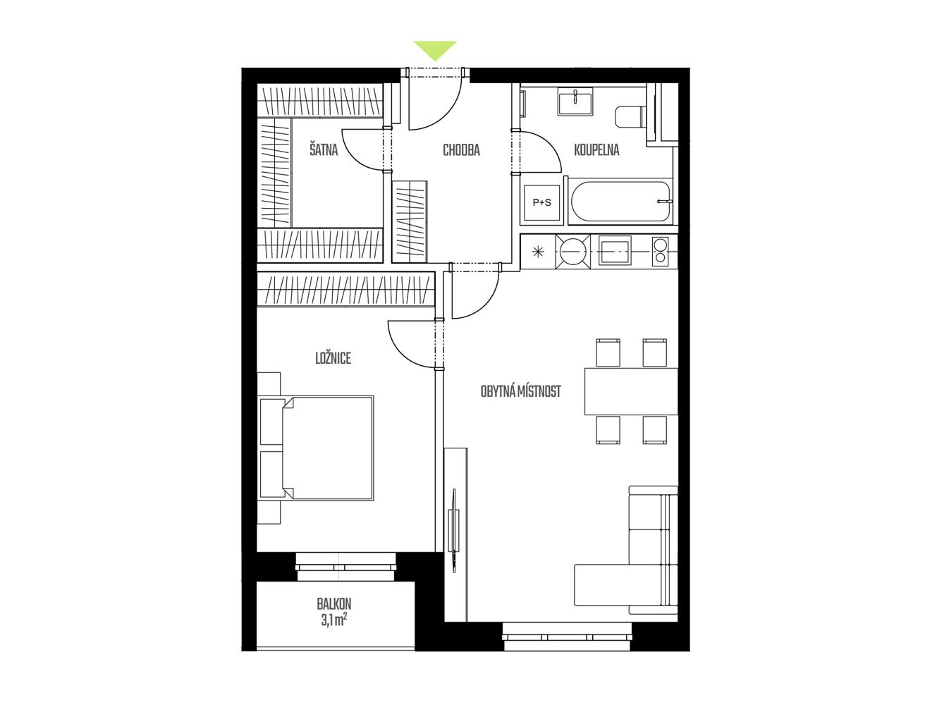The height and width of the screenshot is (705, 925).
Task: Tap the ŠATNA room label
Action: [x=324, y=150]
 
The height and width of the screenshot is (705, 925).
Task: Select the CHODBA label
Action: [x=462, y=150]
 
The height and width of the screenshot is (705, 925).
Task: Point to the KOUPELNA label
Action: [x=596, y=150]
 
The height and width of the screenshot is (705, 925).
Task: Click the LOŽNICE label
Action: [x=333, y=358]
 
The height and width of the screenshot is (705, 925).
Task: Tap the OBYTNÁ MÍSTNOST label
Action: [x=521, y=391]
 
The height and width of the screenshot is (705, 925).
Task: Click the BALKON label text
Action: [x=333, y=604]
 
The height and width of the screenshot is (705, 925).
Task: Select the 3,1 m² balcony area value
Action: [x=333, y=620]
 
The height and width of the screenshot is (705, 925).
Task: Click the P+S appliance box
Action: [x=541, y=203]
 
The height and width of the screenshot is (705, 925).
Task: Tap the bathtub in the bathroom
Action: [x=620, y=202]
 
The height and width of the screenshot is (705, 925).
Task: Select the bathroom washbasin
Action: [x=575, y=102]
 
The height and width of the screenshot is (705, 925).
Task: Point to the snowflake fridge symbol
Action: [x=538, y=252]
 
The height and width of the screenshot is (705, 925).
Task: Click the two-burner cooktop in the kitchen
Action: [x=661, y=251]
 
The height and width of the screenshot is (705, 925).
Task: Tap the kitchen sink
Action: [x=615, y=251]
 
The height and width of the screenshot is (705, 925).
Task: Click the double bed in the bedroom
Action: [x=317, y=448]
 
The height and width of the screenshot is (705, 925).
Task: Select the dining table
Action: [x=631, y=391]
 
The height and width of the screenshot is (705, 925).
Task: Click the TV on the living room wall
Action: [x=454, y=530]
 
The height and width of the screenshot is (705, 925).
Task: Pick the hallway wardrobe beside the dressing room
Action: [x=409, y=221]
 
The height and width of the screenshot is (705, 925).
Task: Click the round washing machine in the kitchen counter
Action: [x=572, y=252]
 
